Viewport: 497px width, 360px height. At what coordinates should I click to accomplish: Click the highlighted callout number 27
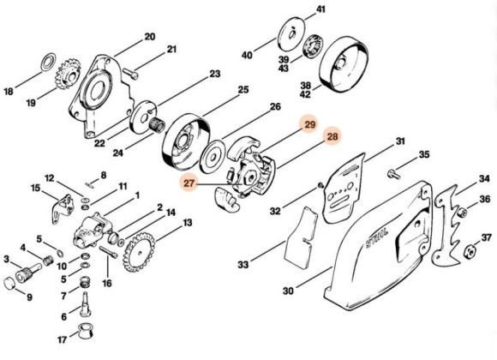coord(189,183)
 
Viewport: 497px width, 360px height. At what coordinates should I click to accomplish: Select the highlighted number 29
coord(309,124)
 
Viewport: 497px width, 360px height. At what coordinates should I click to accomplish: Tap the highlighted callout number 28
coord(332,136)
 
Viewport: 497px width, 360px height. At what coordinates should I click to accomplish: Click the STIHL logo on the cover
coord(377,237)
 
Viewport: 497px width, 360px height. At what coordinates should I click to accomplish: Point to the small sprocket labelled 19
coord(67,75)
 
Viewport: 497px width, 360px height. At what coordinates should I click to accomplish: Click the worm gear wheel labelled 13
coord(140,252)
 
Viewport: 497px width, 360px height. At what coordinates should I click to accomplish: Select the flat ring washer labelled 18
coord(49,63)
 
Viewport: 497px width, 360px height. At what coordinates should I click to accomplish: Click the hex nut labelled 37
coord(473,251)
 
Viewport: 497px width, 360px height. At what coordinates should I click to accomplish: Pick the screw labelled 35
coord(393,173)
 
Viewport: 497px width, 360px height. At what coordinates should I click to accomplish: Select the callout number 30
coord(288,291)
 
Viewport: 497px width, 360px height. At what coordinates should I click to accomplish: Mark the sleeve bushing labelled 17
coord(85,331)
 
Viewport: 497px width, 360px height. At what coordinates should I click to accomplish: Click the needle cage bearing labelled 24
coord(157,125)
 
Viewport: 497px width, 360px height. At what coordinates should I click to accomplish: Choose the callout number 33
coord(243,264)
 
